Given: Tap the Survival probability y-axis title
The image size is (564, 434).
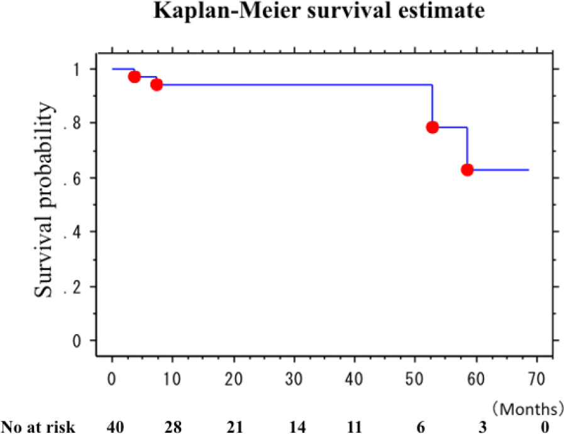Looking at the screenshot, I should [44, 200].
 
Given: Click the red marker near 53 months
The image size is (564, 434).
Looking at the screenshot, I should [432, 127].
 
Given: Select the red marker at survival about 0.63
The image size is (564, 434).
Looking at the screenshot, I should [467, 170].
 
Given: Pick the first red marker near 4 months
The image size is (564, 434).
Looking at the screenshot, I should [134, 77].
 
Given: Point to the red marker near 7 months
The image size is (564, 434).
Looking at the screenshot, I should [157, 84].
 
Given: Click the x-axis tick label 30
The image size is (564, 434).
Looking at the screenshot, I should [294, 379].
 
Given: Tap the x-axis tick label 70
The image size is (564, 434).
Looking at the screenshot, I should [537, 379].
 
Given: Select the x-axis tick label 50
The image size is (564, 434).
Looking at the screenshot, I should [416, 379].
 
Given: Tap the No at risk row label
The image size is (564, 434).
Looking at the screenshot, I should [38, 427].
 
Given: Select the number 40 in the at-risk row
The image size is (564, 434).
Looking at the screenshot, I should [112, 427].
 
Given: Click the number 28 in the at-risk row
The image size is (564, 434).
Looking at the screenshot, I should [173, 427].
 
